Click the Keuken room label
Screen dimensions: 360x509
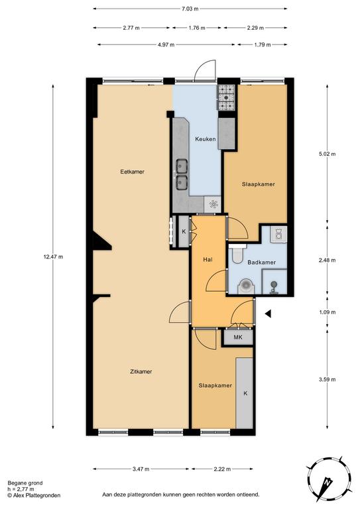tap(205, 139)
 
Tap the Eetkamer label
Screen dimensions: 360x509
tap(132, 172)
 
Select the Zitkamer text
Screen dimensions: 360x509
tap(141, 372)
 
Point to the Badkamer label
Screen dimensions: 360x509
tap(261, 262)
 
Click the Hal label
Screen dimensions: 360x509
tap(208, 259)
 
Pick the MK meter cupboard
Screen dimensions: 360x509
tap(238, 337)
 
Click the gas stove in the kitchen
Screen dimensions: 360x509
tap(226, 97)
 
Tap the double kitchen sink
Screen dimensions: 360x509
tap(182, 174)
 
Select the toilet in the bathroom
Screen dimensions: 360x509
tap(238, 253)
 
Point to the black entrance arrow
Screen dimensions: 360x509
tap(268, 313)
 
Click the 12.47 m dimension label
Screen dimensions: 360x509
tap(53, 256)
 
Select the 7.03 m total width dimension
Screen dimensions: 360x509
tap(190, 9)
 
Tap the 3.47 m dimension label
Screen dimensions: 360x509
tap(141, 469)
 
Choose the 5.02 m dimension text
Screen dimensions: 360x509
tap(327, 154)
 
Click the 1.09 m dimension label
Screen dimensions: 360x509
tap(327, 312)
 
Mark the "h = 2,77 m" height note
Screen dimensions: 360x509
tap(21, 489)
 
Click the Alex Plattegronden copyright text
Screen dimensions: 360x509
tap(34, 495)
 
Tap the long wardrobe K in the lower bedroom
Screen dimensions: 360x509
tap(245, 393)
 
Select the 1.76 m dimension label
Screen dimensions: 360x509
tap(197, 28)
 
